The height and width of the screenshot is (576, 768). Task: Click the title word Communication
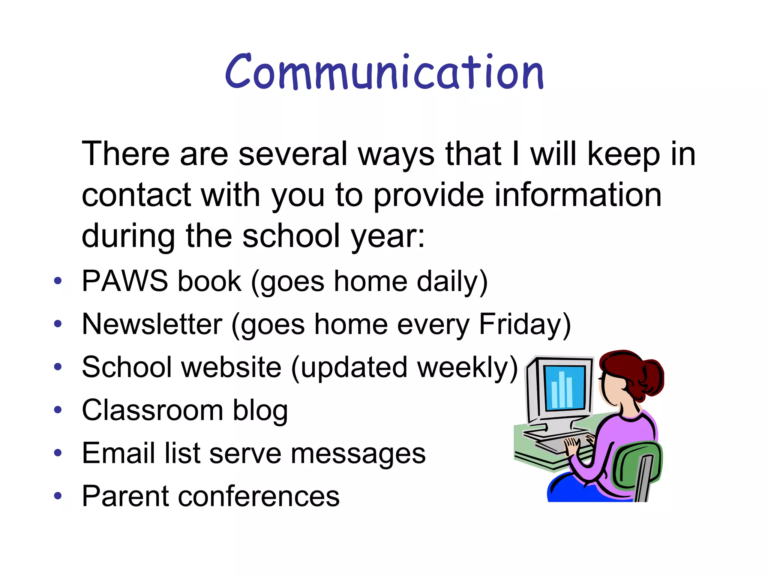click(384, 72)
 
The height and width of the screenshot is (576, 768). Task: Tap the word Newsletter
click(152, 324)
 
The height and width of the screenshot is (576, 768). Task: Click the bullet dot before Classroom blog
click(57, 409)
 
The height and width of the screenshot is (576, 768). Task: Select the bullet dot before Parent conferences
click(57, 496)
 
